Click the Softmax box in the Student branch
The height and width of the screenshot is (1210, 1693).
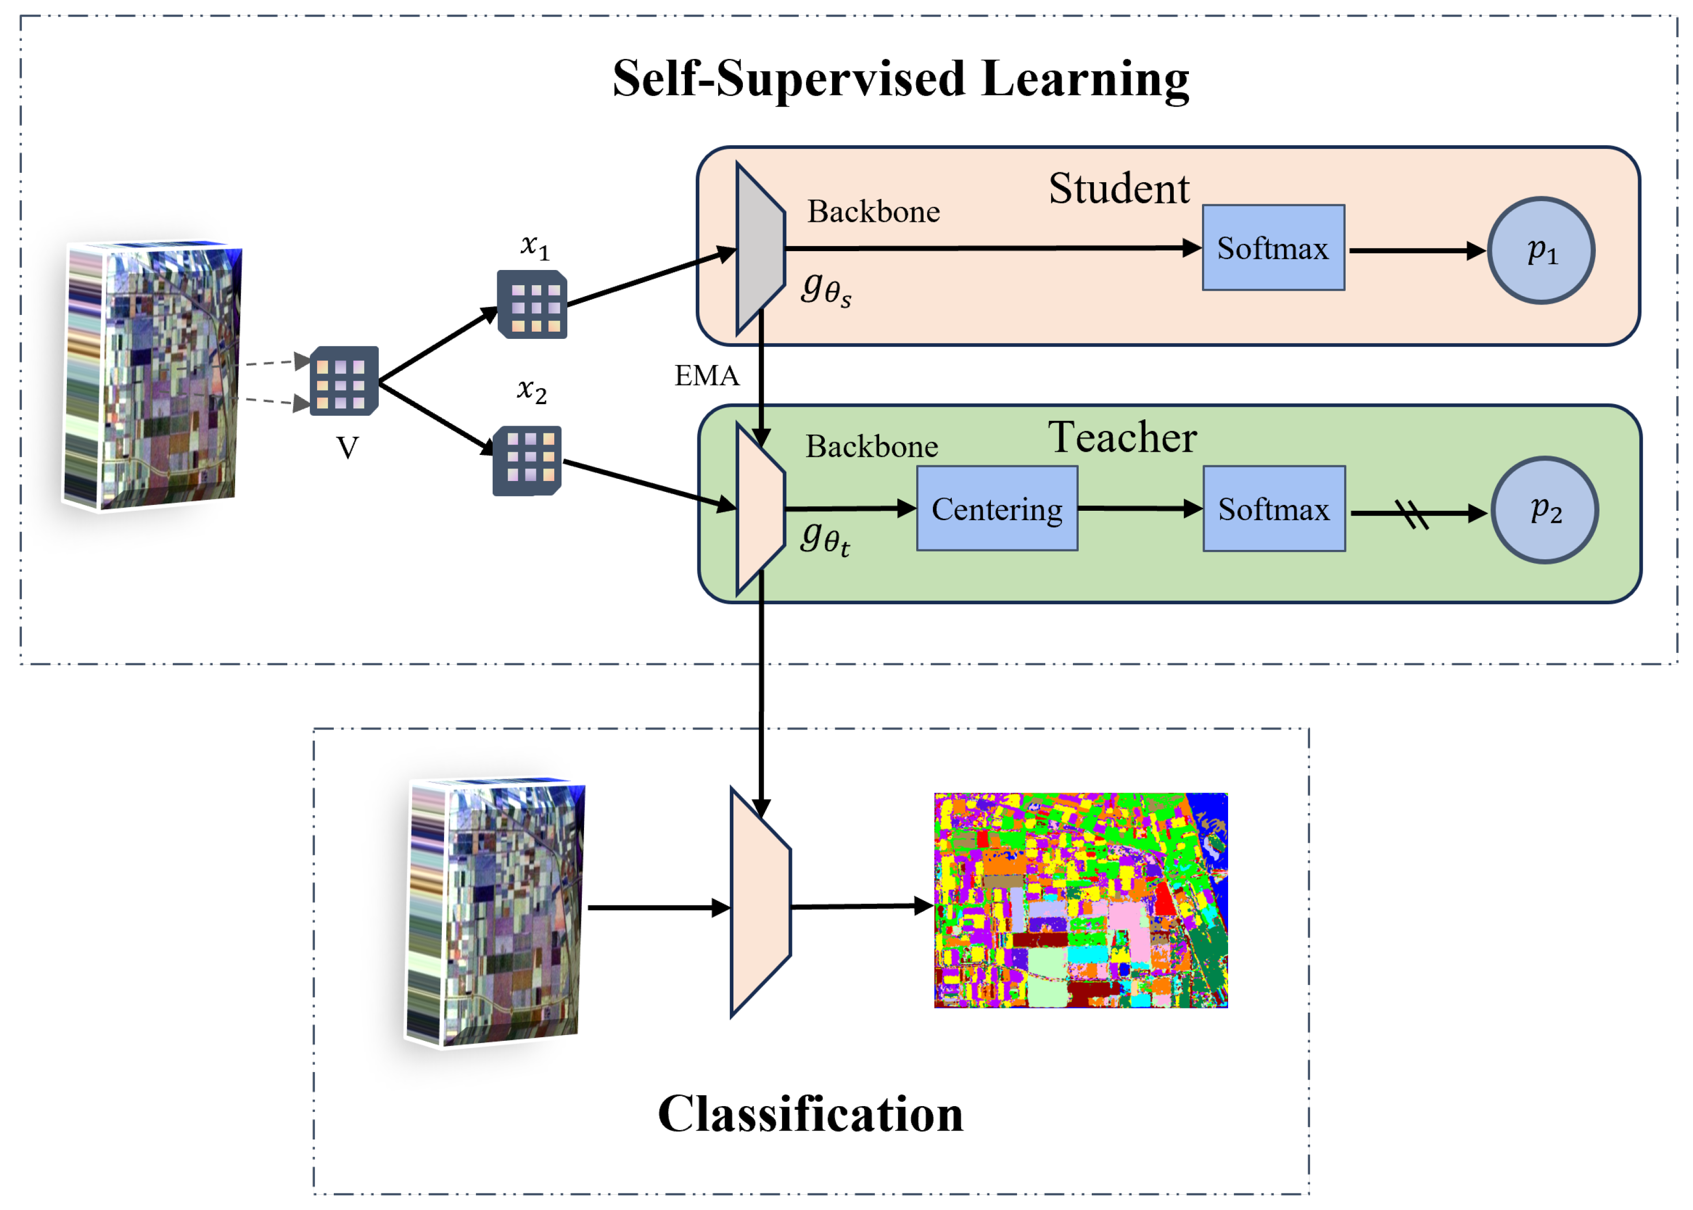(x=1272, y=248)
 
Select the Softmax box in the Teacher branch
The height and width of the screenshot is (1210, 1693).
(x=1274, y=509)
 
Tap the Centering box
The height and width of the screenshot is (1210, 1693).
(x=996, y=509)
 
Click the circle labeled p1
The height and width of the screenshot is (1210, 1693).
(x=1540, y=250)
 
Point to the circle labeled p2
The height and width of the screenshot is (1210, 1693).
(x=1544, y=510)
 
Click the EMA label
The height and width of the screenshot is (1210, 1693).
(x=706, y=375)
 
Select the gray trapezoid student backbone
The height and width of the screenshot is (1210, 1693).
(x=758, y=248)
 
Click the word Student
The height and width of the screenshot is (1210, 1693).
(x=1118, y=189)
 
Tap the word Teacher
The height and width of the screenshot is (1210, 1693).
(x=1122, y=437)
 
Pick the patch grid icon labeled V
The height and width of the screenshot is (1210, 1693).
(x=344, y=381)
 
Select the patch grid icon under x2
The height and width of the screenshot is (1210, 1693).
(x=527, y=461)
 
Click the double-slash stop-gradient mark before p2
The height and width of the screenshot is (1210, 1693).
(x=1410, y=513)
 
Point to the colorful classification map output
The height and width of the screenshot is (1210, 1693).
(x=1080, y=900)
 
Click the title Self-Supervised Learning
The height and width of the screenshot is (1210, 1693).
(x=900, y=79)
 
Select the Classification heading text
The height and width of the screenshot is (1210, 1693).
(x=810, y=1114)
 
